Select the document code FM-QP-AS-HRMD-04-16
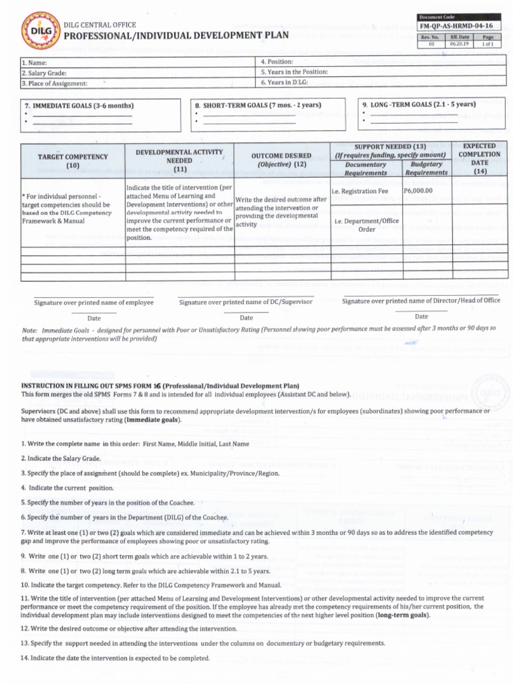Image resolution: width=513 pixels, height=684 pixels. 457,26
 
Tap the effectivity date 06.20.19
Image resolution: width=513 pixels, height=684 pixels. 460,44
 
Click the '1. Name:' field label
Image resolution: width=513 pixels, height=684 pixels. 33,62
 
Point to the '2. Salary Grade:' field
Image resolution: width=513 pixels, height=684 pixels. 44,73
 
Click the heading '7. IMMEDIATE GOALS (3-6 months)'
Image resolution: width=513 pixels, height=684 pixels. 79,106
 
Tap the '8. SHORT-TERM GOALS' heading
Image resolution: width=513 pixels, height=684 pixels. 258,106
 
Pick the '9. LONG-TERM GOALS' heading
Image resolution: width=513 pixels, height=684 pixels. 419,104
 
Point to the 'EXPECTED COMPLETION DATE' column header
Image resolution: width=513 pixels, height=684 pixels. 479,158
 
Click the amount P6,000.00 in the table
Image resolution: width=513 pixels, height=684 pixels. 418,191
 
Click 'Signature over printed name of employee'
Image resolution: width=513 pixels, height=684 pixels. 94,303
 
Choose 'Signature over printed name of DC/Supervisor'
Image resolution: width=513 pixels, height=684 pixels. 246,303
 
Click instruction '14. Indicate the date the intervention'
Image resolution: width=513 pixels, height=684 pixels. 116,658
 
